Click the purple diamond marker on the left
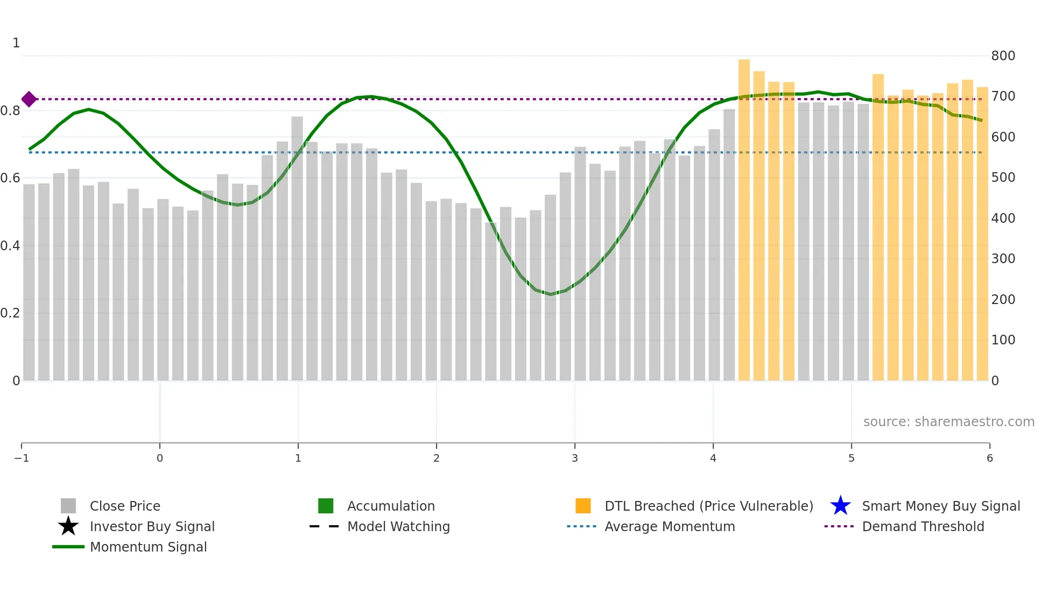tap(29, 99)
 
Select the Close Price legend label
tap(125, 506)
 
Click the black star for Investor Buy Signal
tap(68, 526)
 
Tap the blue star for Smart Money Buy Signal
tap(840, 506)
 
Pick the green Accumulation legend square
tap(326, 506)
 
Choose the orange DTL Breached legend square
tap(583, 506)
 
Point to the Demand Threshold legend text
tap(923, 526)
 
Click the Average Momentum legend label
tap(670, 526)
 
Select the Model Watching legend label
tap(398, 526)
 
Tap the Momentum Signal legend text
tap(148, 547)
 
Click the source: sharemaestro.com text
tap(948, 421)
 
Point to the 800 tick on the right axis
tap(1003, 55)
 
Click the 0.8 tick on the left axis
tap(10, 111)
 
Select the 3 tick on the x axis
tap(575, 458)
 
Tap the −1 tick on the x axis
tap(22, 458)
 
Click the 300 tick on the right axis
tap(1003, 259)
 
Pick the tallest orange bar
tap(744, 215)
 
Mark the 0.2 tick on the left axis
tap(10, 313)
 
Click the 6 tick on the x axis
tap(989, 458)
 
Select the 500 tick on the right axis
tap(1003, 178)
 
